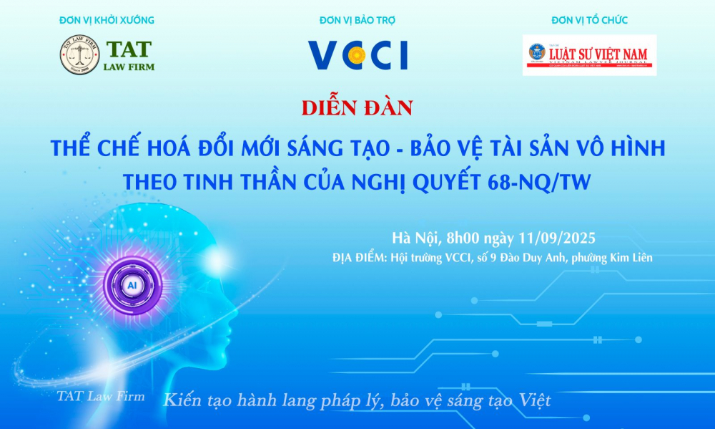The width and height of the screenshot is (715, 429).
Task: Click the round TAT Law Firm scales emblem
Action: click(x=79, y=56)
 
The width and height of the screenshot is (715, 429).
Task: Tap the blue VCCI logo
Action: click(x=357, y=55)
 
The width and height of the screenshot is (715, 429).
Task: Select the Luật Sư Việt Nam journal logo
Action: click(x=589, y=54)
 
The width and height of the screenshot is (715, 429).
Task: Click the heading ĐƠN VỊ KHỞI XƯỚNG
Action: click(x=107, y=20)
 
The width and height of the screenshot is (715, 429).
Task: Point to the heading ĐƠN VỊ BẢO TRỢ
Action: click(x=357, y=20)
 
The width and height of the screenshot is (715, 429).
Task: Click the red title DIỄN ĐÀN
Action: click(x=357, y=108)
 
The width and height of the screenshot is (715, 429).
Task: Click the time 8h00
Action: click(x=463, y=237)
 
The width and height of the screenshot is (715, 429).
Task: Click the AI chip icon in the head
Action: click(x=132, y=285)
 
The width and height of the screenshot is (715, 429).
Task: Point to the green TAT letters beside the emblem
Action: click(x=129, y=49)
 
